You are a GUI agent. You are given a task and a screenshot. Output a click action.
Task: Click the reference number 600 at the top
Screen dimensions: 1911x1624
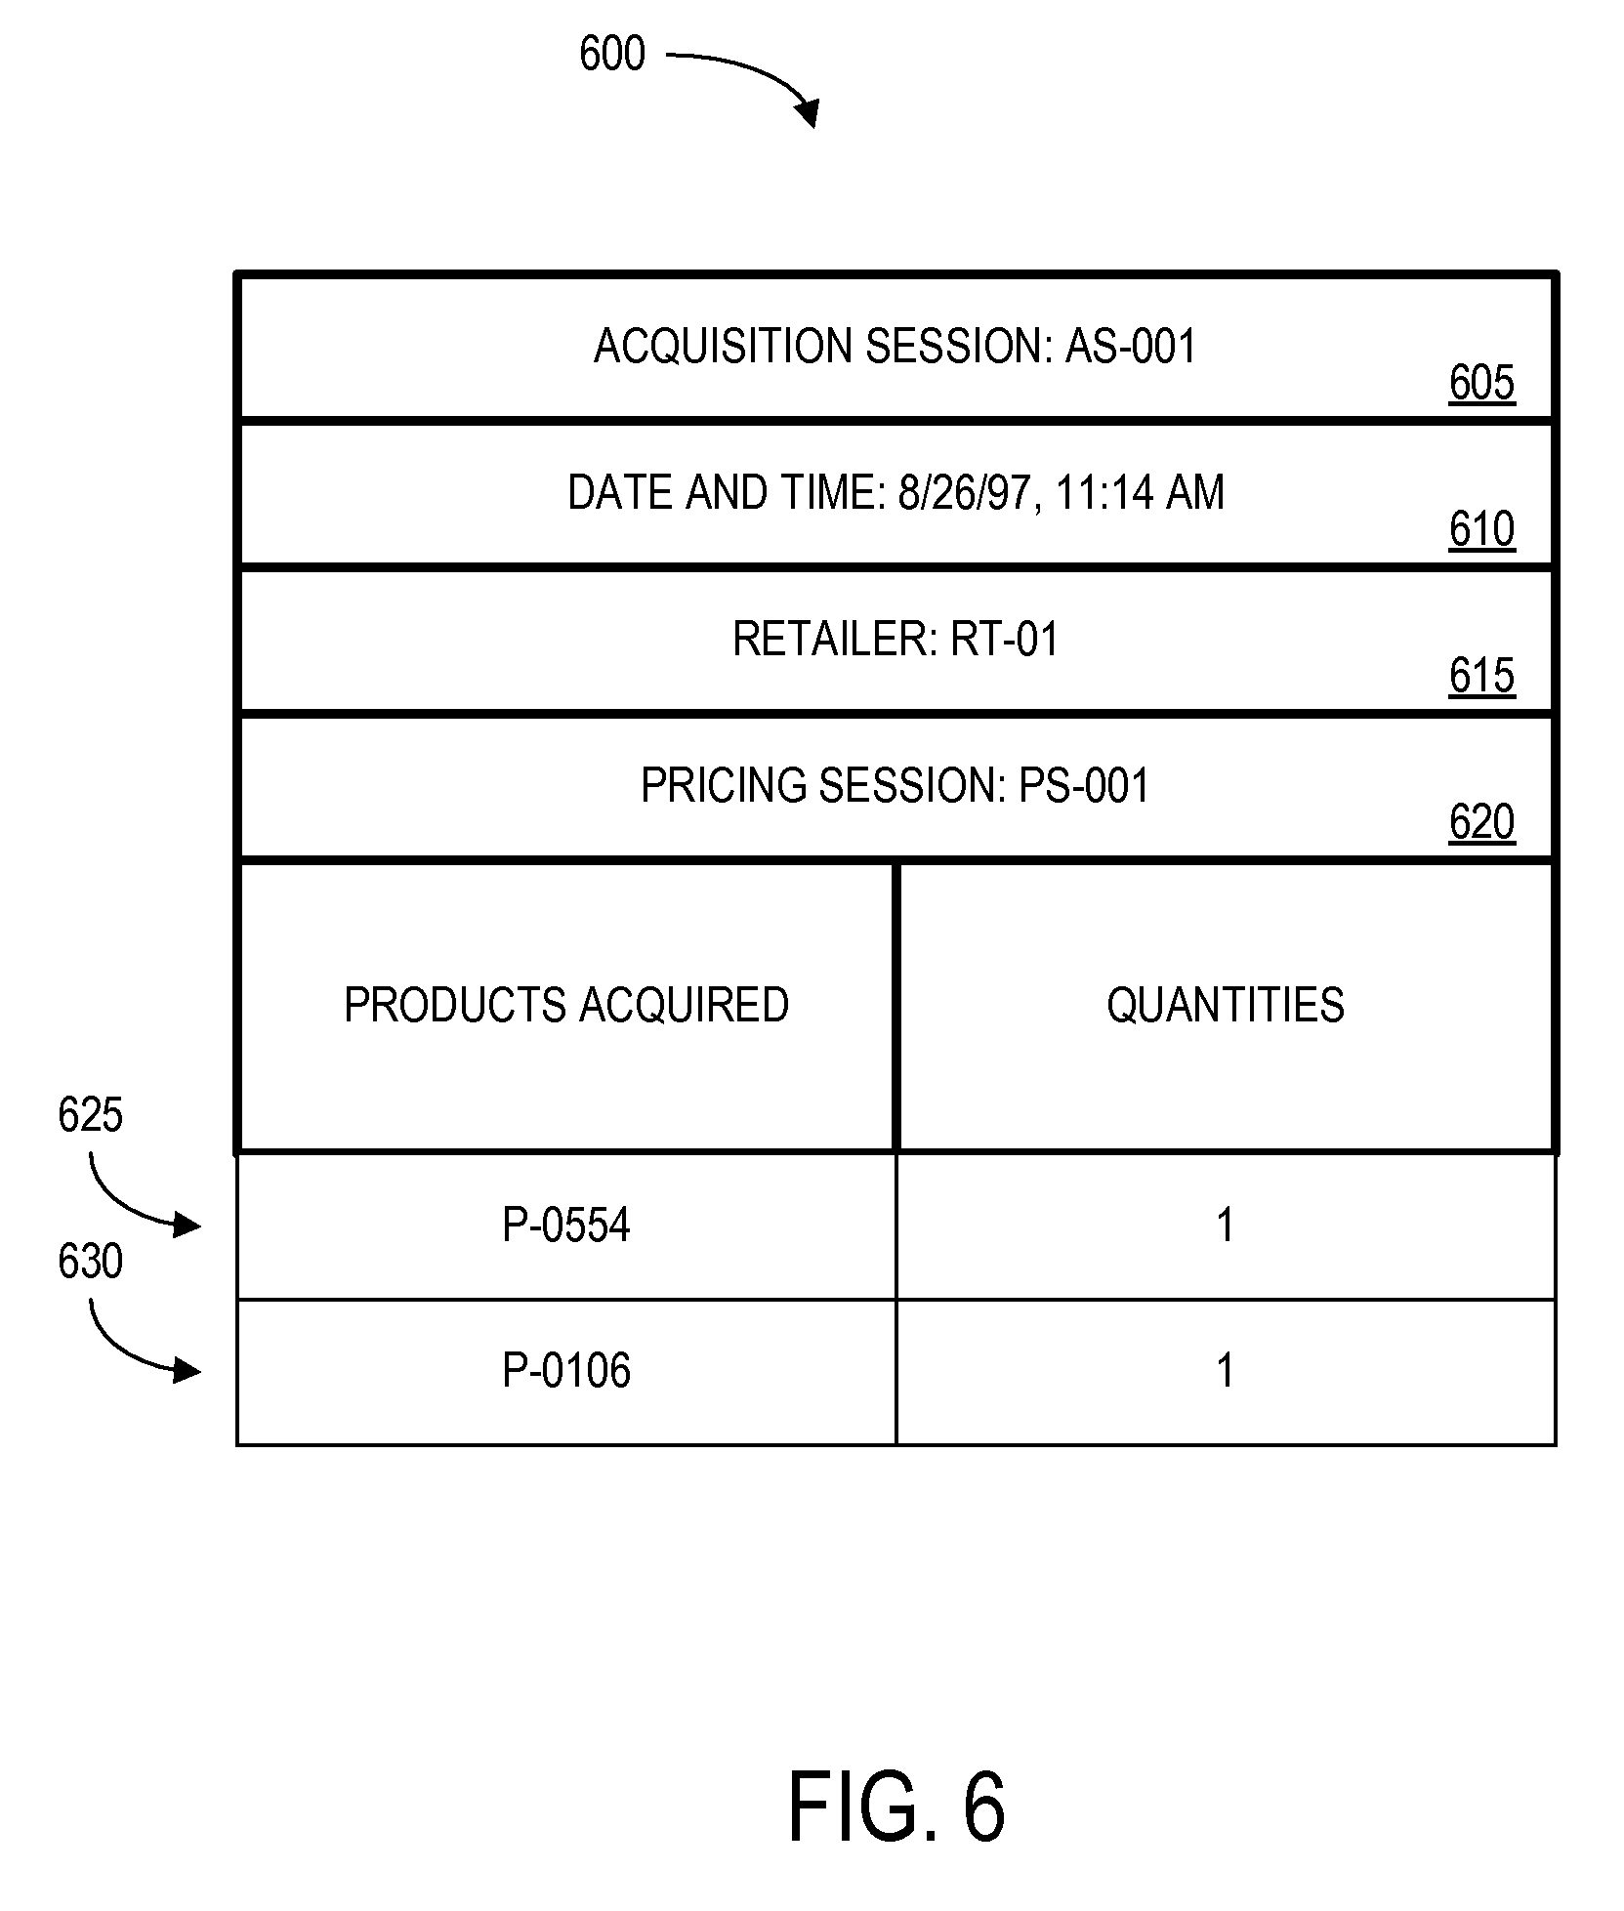[611, 54]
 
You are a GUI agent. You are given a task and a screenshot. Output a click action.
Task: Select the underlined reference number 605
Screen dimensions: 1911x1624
[1480, 383]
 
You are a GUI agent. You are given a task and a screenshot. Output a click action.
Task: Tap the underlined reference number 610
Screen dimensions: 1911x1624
[1480, 529]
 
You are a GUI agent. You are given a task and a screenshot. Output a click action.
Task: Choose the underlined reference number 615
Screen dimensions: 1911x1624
[1480, 676]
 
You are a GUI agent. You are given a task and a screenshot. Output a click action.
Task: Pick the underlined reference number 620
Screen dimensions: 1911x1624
[1480, 822]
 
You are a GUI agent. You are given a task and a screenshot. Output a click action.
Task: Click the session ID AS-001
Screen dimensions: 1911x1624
[1130, 347]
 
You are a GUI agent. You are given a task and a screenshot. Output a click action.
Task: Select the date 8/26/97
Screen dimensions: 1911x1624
[964, 493]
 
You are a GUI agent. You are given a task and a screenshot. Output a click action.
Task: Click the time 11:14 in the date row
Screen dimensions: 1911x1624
[1104, 493]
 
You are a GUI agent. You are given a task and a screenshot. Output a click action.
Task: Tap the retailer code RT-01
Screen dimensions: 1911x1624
[1005, 640]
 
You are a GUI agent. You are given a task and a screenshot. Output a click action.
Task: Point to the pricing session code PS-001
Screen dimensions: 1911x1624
[1084, 786]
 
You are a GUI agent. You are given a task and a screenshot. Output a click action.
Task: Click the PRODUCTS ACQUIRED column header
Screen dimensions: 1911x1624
[566, 1005]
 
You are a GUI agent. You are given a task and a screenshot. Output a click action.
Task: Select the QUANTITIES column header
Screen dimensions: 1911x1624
[1225, 1005]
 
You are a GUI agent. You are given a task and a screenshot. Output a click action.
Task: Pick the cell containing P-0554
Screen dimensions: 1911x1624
[566, 1225]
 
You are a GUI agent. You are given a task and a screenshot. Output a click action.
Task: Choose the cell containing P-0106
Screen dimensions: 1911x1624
[566, 1370]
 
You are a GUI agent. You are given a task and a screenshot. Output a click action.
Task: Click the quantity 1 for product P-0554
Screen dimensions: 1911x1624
[1225, 1225]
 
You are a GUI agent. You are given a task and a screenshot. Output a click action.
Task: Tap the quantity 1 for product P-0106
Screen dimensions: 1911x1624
[1225, 1370]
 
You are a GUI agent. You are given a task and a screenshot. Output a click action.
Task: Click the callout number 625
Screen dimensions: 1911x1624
[90, 1114]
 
